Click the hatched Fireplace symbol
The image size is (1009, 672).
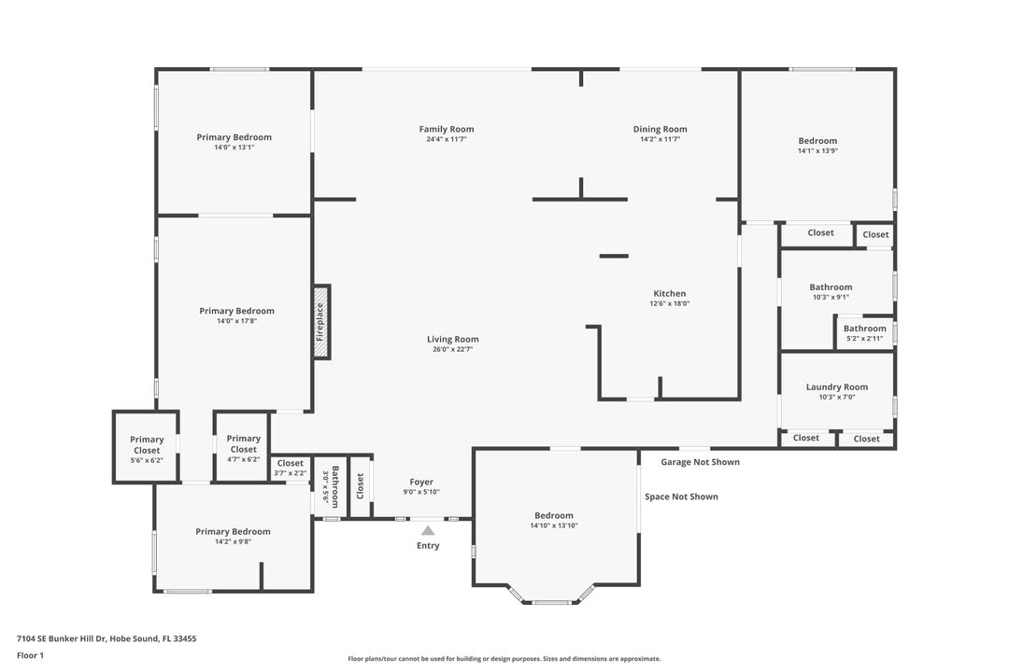(321, 322)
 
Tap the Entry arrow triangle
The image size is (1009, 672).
(428, 531)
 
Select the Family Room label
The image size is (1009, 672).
(446, 129)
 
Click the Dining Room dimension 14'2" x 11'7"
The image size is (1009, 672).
(660, 139)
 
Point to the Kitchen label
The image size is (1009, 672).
(669, 293)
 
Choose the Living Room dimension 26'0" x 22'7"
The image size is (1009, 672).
(453, 350)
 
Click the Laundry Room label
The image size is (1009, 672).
(836, 386)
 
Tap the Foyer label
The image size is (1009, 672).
(420, 482)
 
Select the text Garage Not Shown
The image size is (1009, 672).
(700, 462)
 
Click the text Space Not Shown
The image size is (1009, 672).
(681, 497)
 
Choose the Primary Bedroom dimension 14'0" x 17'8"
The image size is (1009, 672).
(236, 321)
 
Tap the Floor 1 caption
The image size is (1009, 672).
(30, 655)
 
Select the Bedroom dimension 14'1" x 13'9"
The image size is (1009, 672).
(817, 150)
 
